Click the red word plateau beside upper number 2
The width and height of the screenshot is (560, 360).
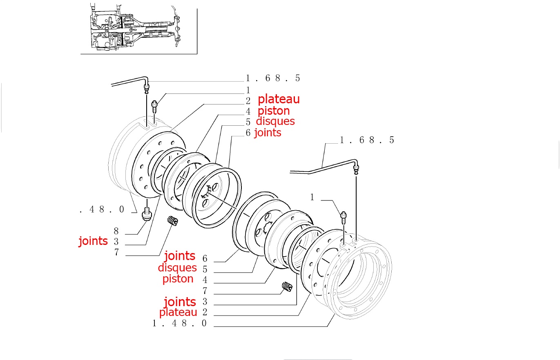tap(279, 99)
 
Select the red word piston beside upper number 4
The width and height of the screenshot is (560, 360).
tap(273, 111)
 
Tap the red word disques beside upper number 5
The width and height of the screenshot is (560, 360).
tap(275, 121)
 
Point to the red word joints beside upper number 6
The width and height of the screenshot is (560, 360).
tap(268, 132)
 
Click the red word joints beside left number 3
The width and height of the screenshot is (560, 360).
tap(93, 241)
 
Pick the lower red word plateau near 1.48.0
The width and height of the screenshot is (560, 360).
tap(178, 312)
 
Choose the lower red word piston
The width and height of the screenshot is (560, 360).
tap(178, 279)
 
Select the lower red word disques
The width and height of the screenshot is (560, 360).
tap(177, 268)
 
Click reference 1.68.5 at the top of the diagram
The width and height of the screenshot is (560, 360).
tap(273, 78)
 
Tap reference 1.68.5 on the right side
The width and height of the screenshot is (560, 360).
tap(367, 140)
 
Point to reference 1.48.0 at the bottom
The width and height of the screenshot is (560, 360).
tap(180, 323)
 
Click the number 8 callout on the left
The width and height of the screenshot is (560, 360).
tap(116, 231)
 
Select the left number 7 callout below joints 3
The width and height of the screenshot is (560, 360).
tap(116, 252)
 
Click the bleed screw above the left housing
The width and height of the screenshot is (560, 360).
tap(155, 106)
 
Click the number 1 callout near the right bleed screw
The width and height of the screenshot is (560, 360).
tap(312, 198)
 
